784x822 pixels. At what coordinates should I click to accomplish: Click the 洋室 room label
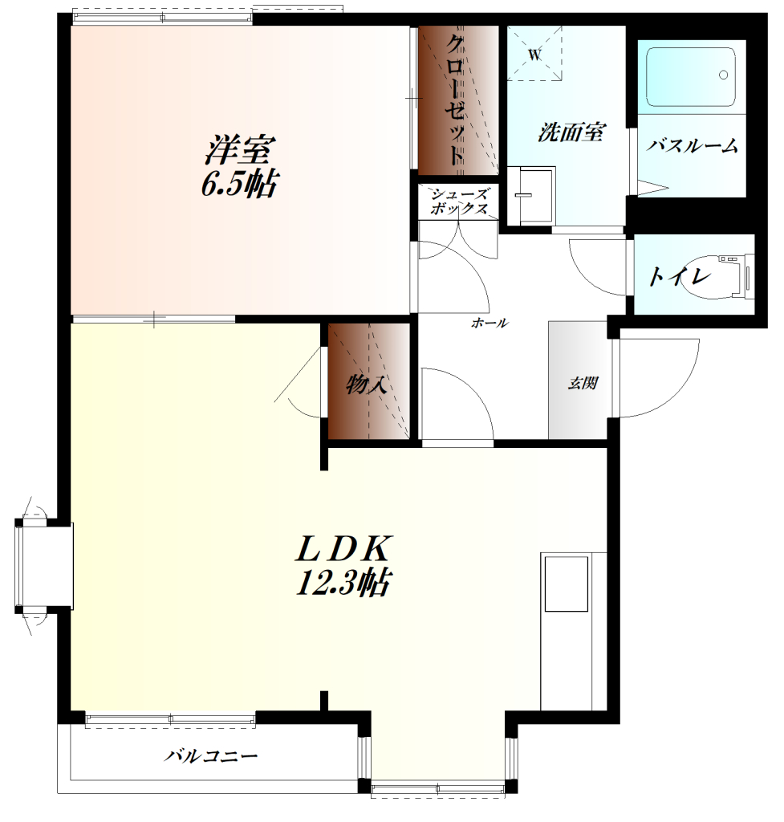[x=240, y=149]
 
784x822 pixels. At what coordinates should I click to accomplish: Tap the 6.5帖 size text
[x=240, y=183]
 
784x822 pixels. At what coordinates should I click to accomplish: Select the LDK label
[x=343, y=549]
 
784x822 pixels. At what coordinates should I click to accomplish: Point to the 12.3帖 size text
[x=343, y=582]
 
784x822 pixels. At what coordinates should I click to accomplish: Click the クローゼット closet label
[x=455, y=100]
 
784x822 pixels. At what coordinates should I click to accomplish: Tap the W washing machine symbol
[x=534, y=54]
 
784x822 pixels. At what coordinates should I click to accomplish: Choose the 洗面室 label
[x=572, y=132]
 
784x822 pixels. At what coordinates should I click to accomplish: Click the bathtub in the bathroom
[x=691, y=78]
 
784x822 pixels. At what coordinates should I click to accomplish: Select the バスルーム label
[x=692, y=145]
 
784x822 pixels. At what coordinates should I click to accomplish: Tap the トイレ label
[x=680, y=276]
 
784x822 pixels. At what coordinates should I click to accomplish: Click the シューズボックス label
[x=458, y=201]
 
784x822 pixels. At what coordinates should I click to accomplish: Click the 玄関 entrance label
[x=583, y=383]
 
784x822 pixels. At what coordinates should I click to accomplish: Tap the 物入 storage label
[x=367, y=385]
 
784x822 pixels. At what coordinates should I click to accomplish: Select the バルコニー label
[x=211, y=756]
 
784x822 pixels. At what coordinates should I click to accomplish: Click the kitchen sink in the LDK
[x=566, y=584]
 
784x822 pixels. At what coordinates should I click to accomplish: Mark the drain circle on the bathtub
[x=723, y=75]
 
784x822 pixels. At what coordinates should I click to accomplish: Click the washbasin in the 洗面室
[x=530, y=196]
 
